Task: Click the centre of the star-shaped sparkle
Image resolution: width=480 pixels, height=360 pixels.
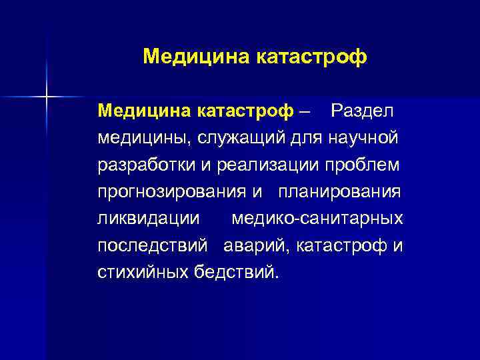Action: coord(47,97)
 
